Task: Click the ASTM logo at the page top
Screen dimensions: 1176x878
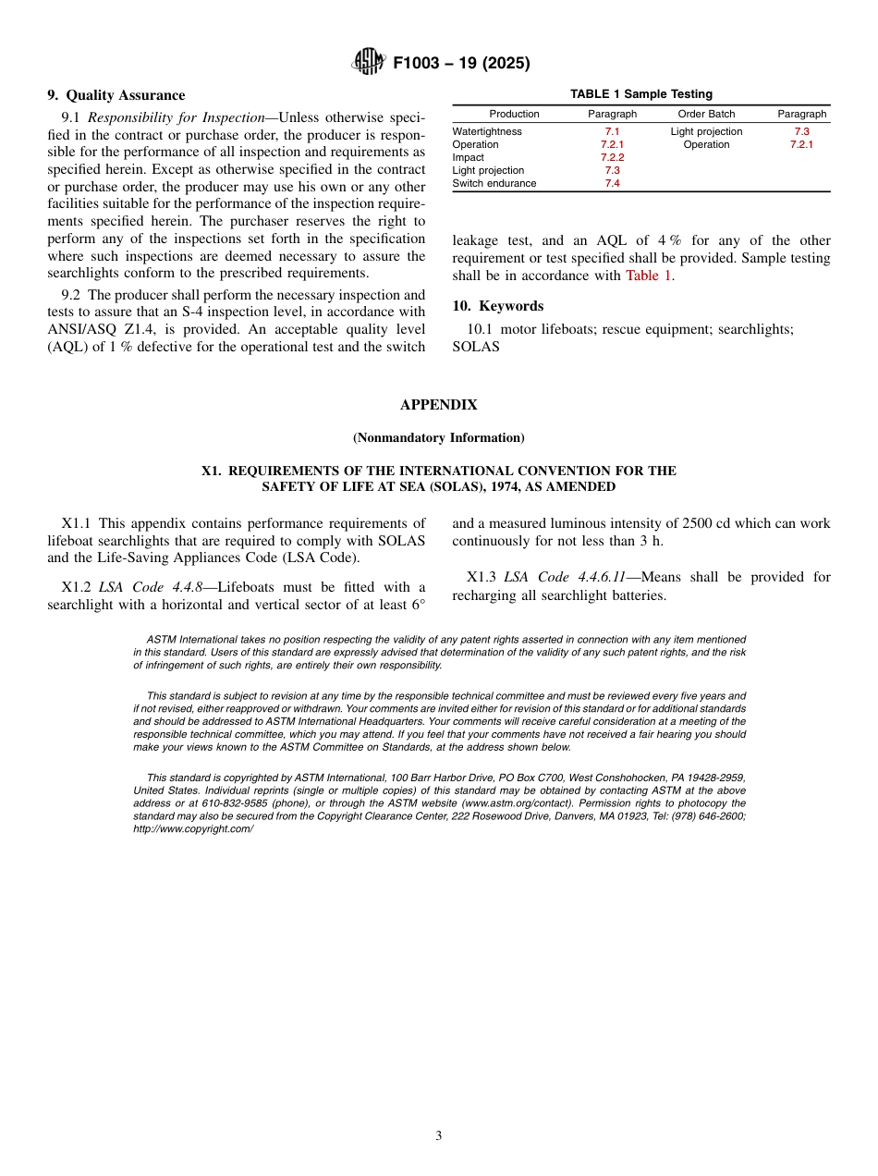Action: click(368, 63)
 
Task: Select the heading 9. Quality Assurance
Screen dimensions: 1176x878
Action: click(116, 95)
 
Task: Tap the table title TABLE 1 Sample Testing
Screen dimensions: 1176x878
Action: click(640, 94)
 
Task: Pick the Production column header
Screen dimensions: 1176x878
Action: click(514, 114)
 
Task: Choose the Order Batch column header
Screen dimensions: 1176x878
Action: click(706, 114)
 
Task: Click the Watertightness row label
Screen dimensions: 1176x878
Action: click(487, 131)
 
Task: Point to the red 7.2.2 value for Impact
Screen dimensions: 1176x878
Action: click(612, 157)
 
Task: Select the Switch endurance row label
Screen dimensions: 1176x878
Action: click(494, 183)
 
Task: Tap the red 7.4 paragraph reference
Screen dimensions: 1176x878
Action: click(612, 183)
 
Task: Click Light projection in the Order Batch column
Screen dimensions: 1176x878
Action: click(706, 131)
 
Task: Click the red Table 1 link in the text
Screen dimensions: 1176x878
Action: click(649, 276)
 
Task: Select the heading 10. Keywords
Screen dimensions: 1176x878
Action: click(497, 306)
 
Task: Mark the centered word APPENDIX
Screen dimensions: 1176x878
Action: click(438, 405)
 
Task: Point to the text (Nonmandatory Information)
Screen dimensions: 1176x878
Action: click(438, 437)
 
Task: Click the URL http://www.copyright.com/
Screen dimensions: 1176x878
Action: click(193, 829)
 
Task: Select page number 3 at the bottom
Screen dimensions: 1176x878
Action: click(439, 1136)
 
